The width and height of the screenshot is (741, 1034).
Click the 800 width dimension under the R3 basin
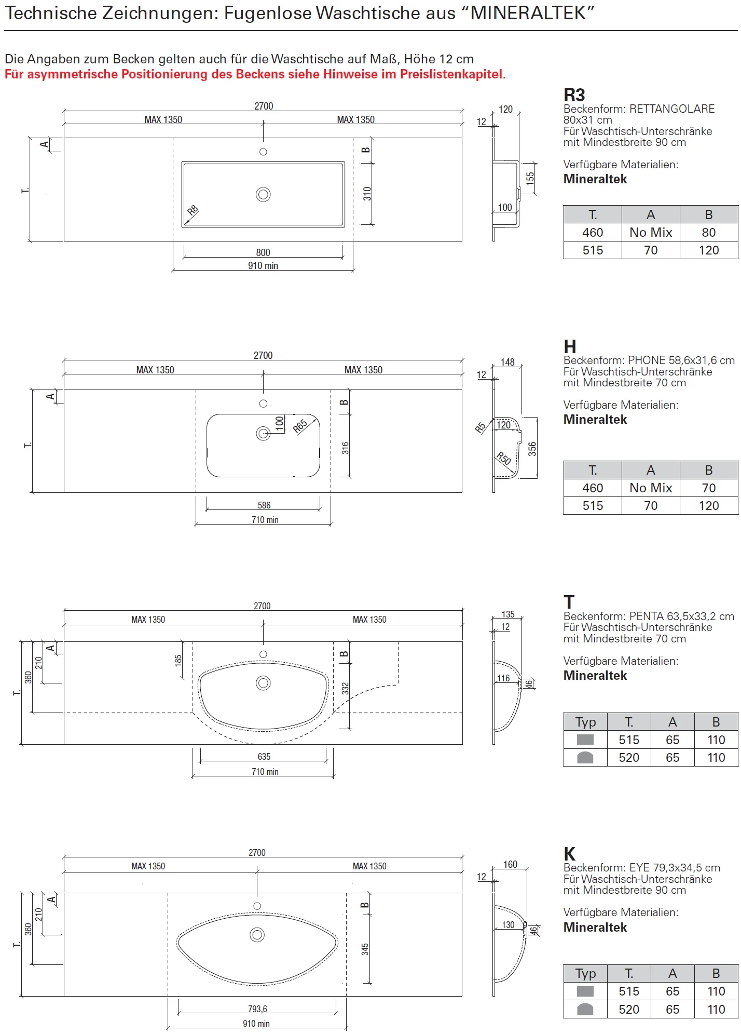[x=263, y=253]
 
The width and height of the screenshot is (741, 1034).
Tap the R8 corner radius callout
[x=193, y=210]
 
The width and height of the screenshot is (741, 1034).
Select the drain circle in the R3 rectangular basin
[x=263, y=194]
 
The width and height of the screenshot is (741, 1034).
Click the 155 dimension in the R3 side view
[x=530, y=179]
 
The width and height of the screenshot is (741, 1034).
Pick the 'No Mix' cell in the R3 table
[x=651, y=233]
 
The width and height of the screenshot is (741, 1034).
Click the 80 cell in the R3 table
[x=708, y=233]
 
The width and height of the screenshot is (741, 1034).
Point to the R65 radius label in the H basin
[x=300, y=426]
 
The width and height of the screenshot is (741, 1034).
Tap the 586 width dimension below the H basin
[x=264, y=505]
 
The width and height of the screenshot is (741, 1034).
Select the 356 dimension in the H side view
[x=532, y=449]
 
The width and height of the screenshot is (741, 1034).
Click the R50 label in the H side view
[x=504, y=459]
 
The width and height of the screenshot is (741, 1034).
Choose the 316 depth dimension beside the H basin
[x=346, y=448]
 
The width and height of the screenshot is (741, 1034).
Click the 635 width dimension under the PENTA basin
[x=264, y=757]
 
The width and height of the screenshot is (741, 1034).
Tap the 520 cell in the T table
[x=629, y=758]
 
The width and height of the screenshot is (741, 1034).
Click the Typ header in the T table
[x=585, y=722]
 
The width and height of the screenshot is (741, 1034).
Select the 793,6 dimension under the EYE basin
[x=257, y=1009]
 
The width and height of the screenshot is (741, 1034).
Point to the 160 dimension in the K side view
[x=510, y=864]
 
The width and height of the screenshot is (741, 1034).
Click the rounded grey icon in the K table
[x=585, y=1009]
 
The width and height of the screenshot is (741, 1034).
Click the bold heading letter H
[x=570, y=346]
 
